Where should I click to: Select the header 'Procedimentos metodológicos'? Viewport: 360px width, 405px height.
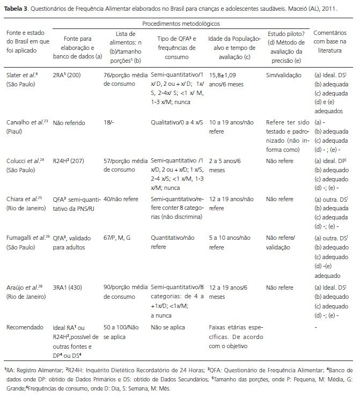pyautogui.click(x=181, y=24)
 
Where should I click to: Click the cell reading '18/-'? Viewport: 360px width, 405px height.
pyautogui.click(x=111, y=123)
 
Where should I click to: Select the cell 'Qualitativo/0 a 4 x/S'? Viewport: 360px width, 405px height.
pyautogui.click(x=177, y=123)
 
